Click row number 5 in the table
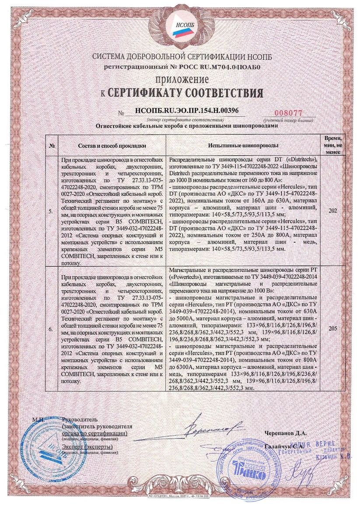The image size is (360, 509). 52,211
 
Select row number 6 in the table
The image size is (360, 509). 52,326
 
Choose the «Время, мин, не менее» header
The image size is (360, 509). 333,145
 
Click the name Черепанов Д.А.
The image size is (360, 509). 285,433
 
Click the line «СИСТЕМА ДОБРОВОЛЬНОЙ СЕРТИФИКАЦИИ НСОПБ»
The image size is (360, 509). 180,57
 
